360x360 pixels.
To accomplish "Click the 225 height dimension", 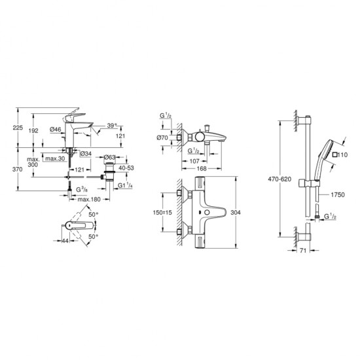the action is coord(18,128).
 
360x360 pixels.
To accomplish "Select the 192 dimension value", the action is coord(33,131).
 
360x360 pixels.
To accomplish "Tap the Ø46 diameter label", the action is coord(56,129).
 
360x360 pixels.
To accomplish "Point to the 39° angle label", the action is coord(112,126).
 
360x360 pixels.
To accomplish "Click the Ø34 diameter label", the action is coord(86,154).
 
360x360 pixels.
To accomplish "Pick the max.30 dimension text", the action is coord(56,158).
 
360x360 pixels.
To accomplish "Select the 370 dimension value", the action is coord(18,170).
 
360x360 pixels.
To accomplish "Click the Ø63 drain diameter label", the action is coord(109,157).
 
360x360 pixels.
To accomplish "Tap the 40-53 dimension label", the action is coord(126,168).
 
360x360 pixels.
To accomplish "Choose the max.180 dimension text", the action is coord(89,199).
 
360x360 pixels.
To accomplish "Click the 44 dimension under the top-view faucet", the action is coord(65,241).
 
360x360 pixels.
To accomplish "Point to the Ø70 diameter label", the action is coord(162,137).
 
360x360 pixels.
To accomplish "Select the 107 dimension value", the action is coord(194,161).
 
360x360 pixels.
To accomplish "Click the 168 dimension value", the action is coord(202,168).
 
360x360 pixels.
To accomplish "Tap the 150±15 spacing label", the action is coord(162,212).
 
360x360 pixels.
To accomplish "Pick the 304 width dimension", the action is coord(236,212).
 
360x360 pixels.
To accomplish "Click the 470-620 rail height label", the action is coord(279,179).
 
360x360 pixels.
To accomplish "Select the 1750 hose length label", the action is coord(338,194).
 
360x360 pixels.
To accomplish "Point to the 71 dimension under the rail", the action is coord(303,251).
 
